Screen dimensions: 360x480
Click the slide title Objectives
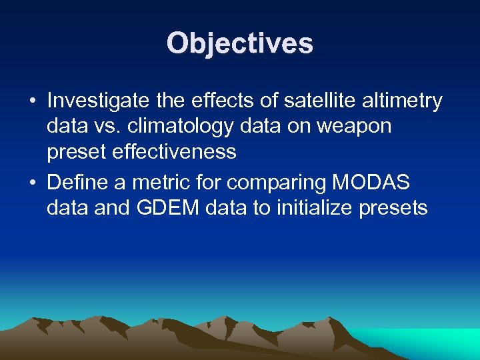[x=239, y=43]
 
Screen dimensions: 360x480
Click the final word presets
[x=393, y=207]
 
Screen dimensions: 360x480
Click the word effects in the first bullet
[x=227, y=101]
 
